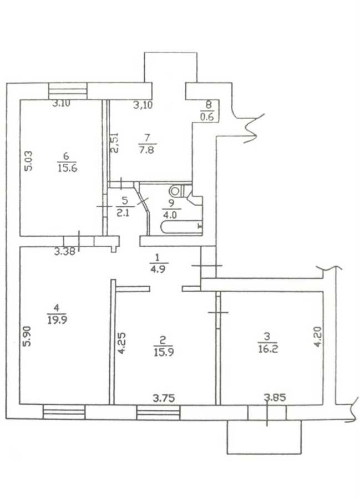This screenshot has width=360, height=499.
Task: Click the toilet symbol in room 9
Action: (x=176, y=191)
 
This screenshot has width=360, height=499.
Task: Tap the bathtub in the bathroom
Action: (x=181, y=227)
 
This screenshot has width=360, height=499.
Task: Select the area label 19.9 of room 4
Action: (x=57, y=320)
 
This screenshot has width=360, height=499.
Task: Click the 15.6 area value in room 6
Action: (x=68, y=167)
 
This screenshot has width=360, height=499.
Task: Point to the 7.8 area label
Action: (x=147, y=149)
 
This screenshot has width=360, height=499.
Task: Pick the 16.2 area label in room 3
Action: (x=268, y=349)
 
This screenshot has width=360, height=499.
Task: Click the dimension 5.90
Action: (x=28, y=336)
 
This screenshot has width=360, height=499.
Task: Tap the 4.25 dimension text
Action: (x=121, y=343)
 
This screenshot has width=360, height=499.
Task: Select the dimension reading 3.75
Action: (x=164, y=398)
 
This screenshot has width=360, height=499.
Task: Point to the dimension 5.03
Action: (x=28, y=161)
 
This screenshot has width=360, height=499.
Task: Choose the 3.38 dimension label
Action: (x=64, y=252)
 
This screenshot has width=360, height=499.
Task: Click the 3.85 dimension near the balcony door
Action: (x=275, y=397)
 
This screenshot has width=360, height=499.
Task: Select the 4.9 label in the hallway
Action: (x=159, y=269)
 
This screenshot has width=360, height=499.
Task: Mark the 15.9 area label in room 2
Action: (x=164, y=353)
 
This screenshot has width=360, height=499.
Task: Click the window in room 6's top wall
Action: (x=68, y=91)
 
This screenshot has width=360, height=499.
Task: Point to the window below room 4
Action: (x=64, y=412)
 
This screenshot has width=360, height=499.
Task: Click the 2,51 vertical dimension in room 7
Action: (x=115, y=143)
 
